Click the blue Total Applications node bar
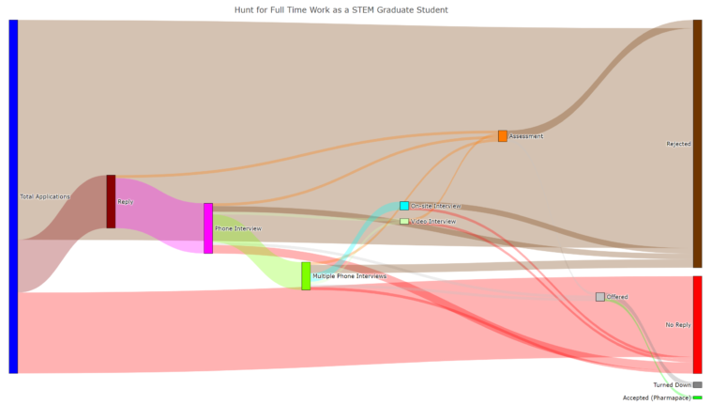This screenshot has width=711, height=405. [x=13, y=195]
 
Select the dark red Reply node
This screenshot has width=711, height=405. [x=111, y=201]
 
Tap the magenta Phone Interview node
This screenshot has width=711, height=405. [x=208, y=228]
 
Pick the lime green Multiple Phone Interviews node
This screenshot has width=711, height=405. [x=306, y=275]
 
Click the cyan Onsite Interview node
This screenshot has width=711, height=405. [x=404, y=206]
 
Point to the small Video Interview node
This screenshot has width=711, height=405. [x=404, y=222]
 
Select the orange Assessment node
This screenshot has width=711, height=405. [x=503, y=136]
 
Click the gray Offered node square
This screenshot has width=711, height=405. [x=600, y=297]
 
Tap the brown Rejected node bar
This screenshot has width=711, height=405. [x=697, y=143]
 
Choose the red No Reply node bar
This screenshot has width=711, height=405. [x=697, y=324]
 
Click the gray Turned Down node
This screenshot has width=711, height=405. [x=697, y=385]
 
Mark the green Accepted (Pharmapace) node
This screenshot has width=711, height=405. [x=697, y=397]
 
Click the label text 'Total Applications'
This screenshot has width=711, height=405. [x=45, y=196]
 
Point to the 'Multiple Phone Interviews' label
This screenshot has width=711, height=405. [x=350, y=276]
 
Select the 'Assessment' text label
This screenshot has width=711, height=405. [x=526, y=136]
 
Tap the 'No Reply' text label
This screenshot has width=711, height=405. [x=677, y=325]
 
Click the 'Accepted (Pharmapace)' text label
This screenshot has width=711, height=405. [x=657, y=397]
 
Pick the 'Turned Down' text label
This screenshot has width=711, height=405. [x=672, y=385]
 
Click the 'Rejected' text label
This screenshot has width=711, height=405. [x=678, y=144]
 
